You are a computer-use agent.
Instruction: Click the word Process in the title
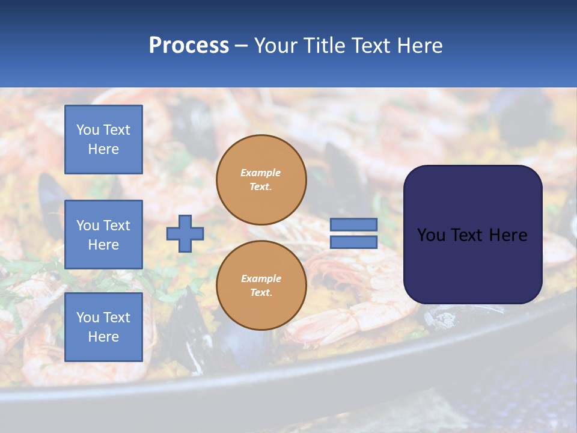tap(189, 45)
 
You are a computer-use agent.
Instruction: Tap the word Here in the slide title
tap(418, 45)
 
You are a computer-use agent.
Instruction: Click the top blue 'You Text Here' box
tap(103, 140)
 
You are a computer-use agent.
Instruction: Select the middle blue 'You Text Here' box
tap(103, 235)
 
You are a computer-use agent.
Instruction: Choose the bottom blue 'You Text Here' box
tap(103, 327)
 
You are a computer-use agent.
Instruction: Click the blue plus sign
tap(185, 233)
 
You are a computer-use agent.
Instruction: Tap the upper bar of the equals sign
tap(353, 224)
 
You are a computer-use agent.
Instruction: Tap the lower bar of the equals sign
tap(353, 242)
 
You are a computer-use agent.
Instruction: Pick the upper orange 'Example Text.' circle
tap(261, 180)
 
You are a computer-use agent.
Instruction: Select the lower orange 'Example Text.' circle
tap(261, 285)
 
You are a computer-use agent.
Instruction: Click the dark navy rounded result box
tap(472, 235)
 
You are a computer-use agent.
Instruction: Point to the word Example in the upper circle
tap(261, 173)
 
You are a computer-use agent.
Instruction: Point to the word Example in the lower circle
tap(261, 278)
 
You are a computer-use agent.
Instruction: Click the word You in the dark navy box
tap(431, 235)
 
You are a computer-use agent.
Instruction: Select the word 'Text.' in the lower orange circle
tap(261, 292)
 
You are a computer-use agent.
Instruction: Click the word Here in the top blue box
tap(103, 149)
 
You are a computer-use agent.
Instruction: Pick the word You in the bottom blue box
tap(88, 318)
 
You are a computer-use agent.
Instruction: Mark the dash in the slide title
tap(242, 46)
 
